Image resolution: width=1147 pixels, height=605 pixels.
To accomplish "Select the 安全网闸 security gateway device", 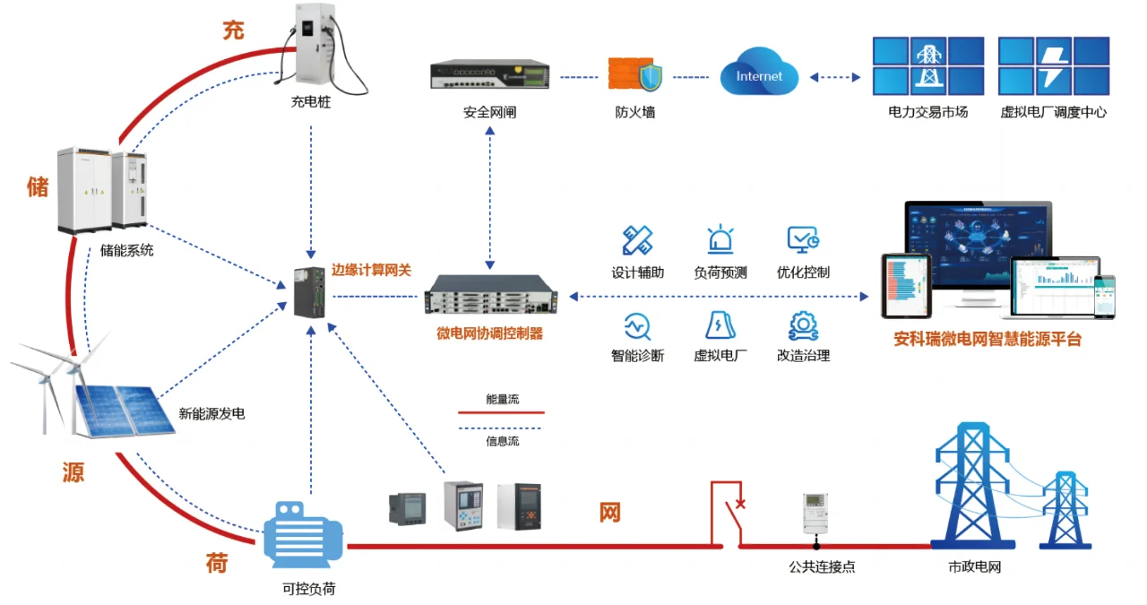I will [x=489, y=76].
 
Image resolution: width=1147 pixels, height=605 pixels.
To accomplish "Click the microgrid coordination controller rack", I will [x=490, y=296].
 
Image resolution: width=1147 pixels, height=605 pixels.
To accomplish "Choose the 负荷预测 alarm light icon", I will [x=720, y=239].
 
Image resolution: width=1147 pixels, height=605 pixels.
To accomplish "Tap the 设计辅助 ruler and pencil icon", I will [x=637, y=239].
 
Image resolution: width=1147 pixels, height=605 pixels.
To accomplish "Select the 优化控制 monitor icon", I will [x=802, y=239].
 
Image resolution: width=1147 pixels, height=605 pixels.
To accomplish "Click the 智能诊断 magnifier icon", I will [x=637, y=324].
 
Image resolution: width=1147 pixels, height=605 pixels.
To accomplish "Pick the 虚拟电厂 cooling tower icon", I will [x=720, y=324].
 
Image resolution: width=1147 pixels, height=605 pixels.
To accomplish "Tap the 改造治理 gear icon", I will [x=802, y=324].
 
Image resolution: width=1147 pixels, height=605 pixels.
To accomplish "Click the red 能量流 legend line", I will [x=501, y=413].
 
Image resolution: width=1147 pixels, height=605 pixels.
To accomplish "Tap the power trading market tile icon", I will [x=927, y=65].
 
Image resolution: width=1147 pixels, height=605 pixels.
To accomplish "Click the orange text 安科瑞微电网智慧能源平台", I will [x=987, y=341].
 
